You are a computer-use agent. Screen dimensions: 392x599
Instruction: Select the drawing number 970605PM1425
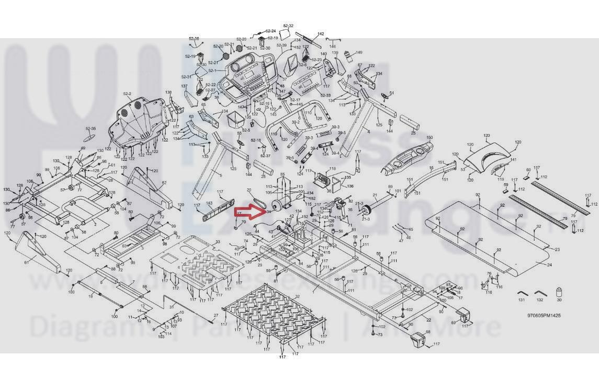coord(544,316)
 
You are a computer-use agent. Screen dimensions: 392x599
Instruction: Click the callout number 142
coord(321,34)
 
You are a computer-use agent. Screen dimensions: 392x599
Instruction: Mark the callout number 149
coord(359,53)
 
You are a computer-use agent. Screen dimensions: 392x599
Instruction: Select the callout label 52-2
coord(127,94)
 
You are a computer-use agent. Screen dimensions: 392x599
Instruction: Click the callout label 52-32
coord(288,26)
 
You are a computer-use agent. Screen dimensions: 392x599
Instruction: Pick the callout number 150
coord(430,138)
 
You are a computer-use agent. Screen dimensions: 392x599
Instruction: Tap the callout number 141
coord(513,160)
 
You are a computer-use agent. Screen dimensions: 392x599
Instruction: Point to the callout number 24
coord(549,265)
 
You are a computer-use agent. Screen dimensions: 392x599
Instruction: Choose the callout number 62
coord(164,182)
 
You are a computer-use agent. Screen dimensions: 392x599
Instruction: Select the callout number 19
coord(91,296)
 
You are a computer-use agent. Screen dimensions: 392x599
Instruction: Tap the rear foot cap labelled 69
coord(461,316)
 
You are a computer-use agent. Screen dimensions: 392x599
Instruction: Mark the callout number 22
coord(428,320)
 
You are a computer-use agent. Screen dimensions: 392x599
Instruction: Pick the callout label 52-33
coord(325,96)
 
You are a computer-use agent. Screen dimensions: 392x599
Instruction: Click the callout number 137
coord(184,86)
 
